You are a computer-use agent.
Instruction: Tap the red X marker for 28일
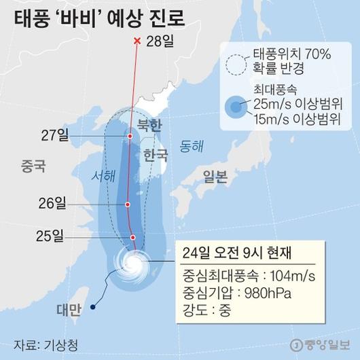[137, 42]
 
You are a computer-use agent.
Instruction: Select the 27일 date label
[52, 136]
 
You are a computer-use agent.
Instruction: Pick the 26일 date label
[52, 203]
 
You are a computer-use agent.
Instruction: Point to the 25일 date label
[52, 236]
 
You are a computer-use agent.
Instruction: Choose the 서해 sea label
[104, 175]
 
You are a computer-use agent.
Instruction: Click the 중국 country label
[33, 164]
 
